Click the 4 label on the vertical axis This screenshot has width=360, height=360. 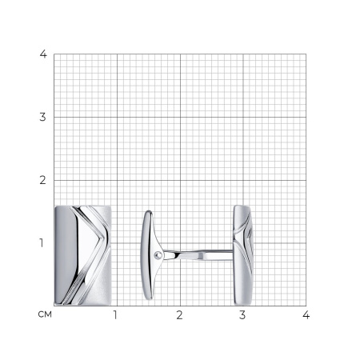coord(43,54)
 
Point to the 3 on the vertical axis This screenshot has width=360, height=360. coord(42,117)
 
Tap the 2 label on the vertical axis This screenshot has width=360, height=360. coord(42,180)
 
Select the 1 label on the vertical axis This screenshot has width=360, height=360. coord(42,243)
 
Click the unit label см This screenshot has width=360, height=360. coord(45,314)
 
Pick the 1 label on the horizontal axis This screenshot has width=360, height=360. coord(115,315)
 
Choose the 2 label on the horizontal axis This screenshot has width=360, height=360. coord(179,315)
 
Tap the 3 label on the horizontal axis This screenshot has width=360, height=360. coord(242,315)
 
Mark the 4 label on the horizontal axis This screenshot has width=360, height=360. coord(306,315)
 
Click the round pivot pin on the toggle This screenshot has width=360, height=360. coord(158,255)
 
